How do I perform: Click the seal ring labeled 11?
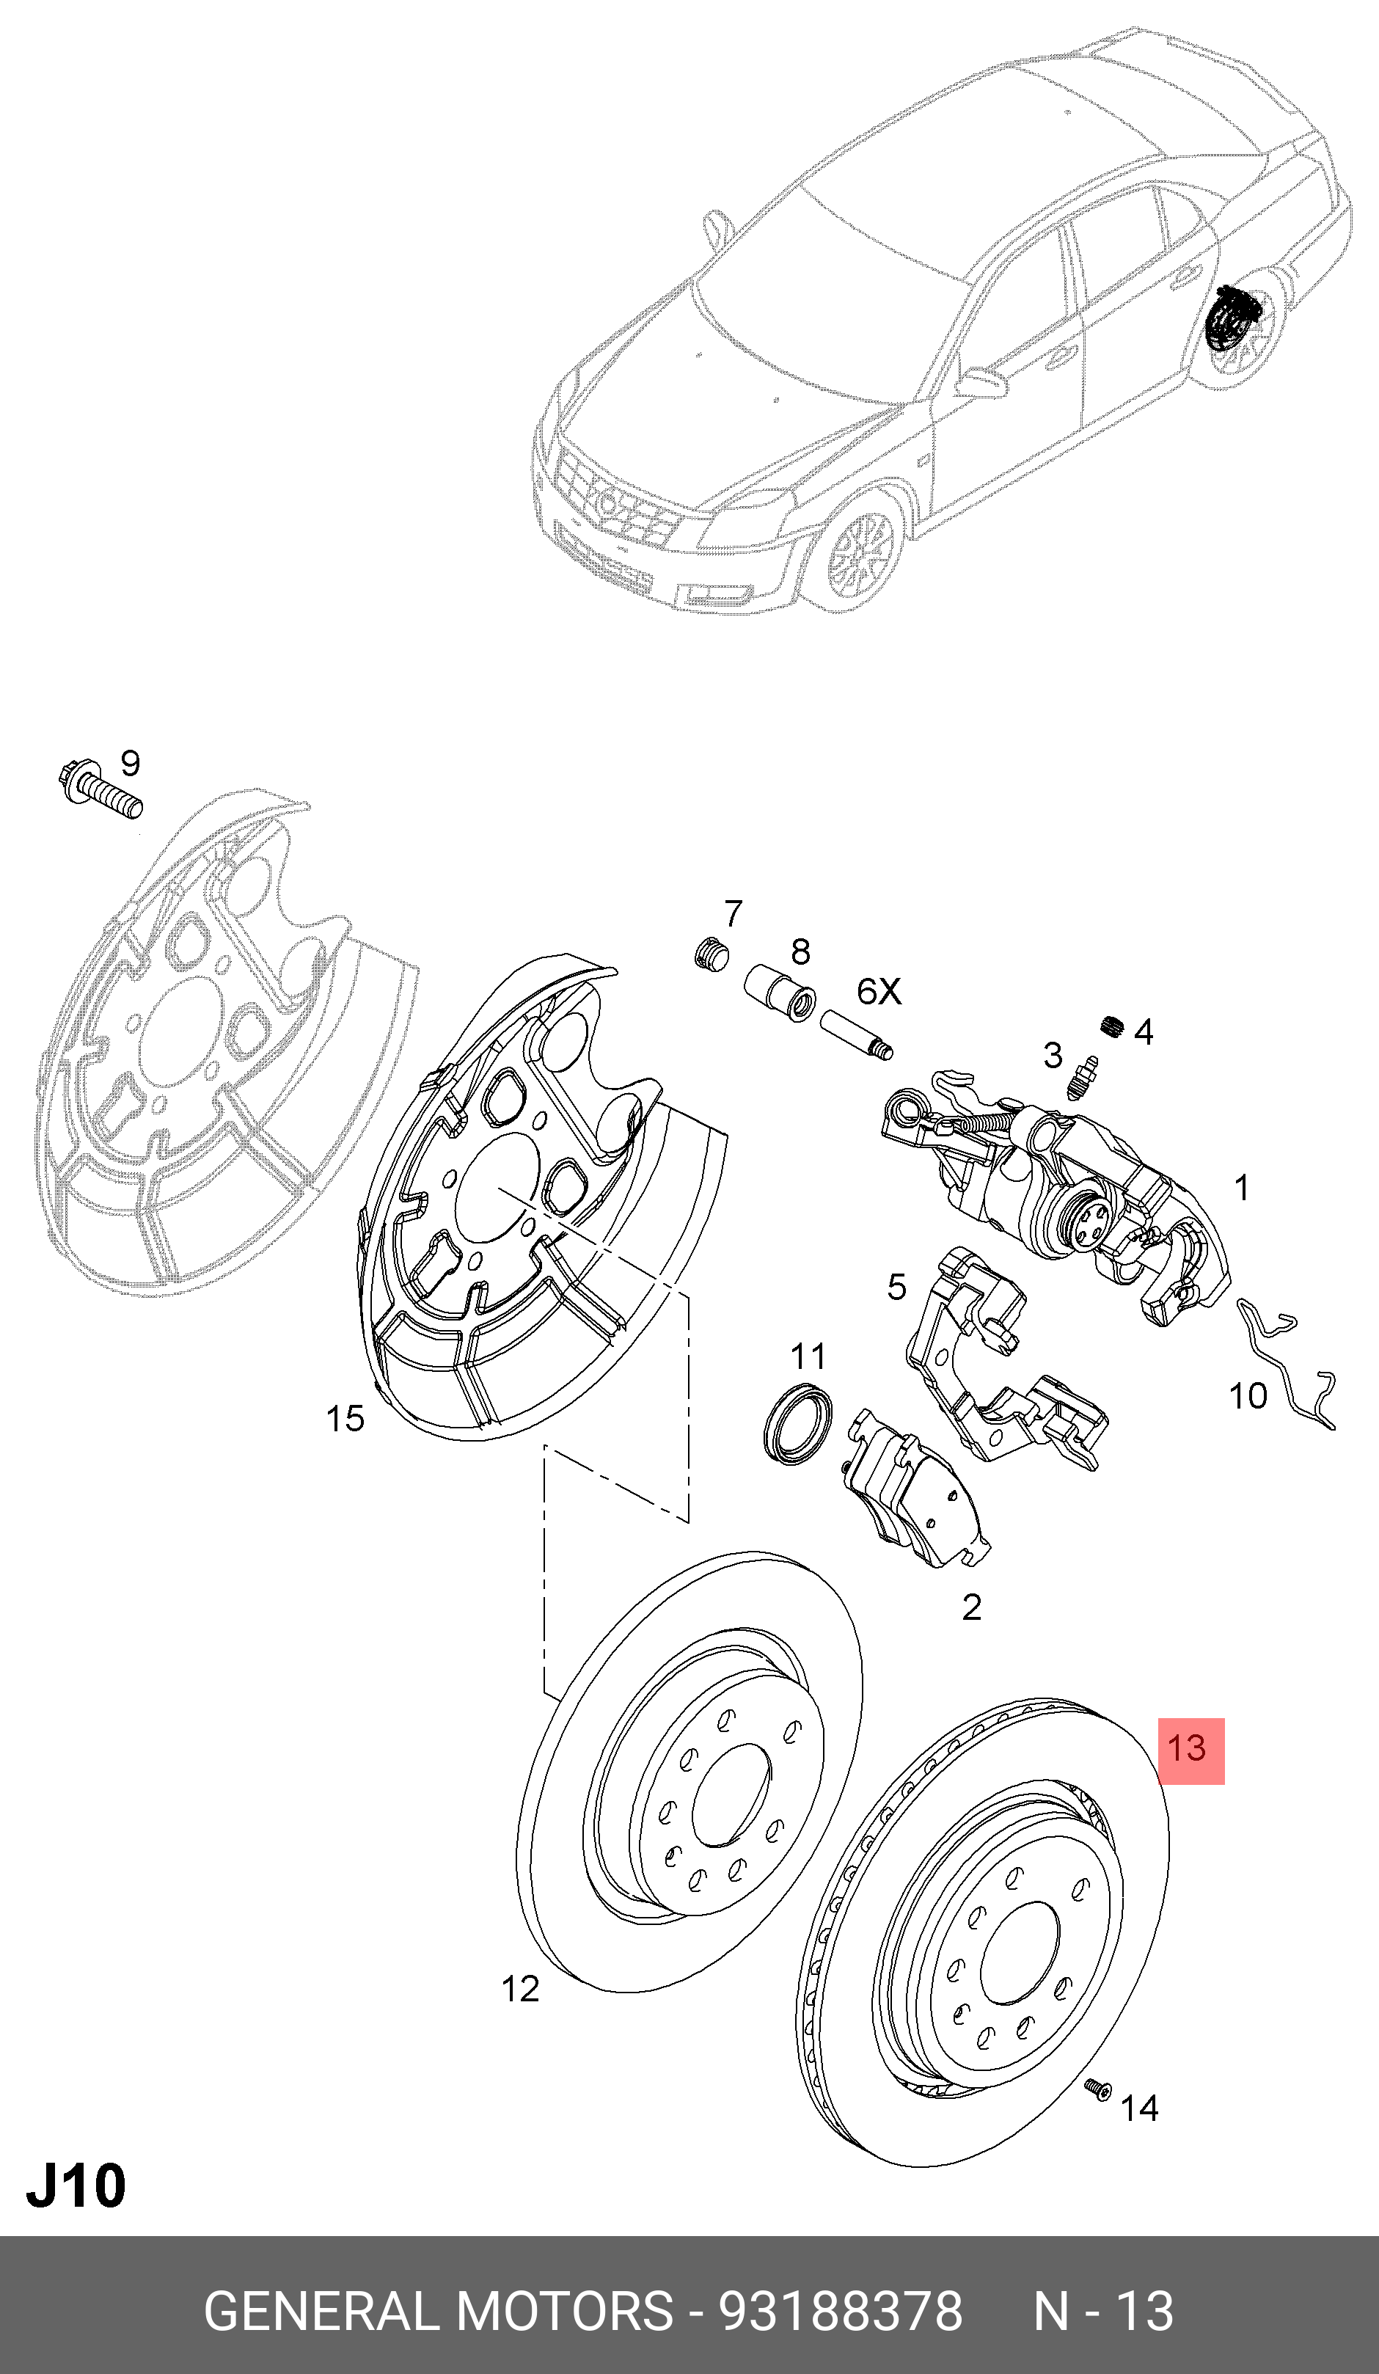[797, 1425]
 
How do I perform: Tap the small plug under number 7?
[709, 955]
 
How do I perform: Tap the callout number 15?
[345, 1419]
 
